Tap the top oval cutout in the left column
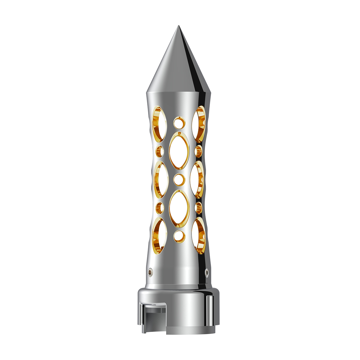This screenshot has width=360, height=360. point(160,124)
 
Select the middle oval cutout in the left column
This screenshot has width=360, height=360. point(160,179)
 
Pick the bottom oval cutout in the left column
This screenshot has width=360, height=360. point(160,235)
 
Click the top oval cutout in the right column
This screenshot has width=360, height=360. point(199,124)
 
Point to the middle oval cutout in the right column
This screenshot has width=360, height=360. point(198,179)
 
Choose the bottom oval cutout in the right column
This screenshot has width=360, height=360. point(199,235)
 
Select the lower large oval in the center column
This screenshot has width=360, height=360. point(179,208)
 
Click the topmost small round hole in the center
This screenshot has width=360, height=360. point(179,123)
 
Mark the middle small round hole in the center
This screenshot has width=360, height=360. point(179,179)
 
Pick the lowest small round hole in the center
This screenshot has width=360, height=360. point(179,236)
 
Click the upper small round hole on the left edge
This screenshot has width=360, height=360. point(160,151)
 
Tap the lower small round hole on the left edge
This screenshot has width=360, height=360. point(160,208)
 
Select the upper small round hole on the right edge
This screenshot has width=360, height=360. point(198,151)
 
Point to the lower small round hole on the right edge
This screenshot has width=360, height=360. point(198,208)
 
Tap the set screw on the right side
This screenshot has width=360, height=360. point(206,272)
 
